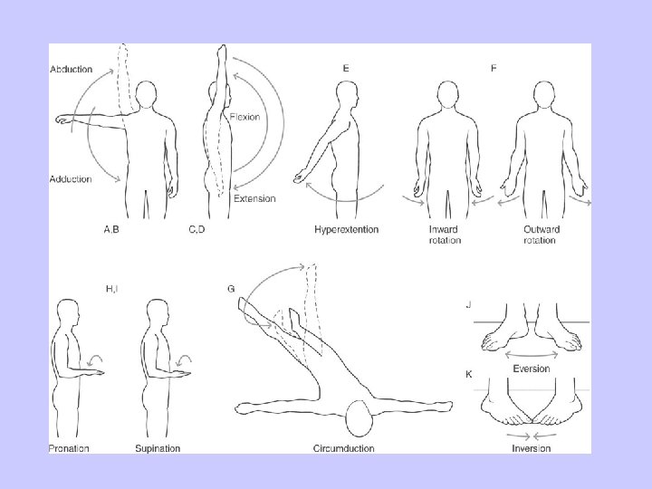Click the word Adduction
tap(70, 179)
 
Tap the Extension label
tap(254, 198)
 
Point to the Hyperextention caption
tap(347, 230)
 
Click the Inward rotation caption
tap(446, 235)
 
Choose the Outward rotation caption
tap(542, 235)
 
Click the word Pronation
tap(70, 448)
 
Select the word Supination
tap(158, 448)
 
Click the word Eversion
tap(531, 369)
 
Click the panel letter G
tap(232, 289)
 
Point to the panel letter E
tap(346, 68)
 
